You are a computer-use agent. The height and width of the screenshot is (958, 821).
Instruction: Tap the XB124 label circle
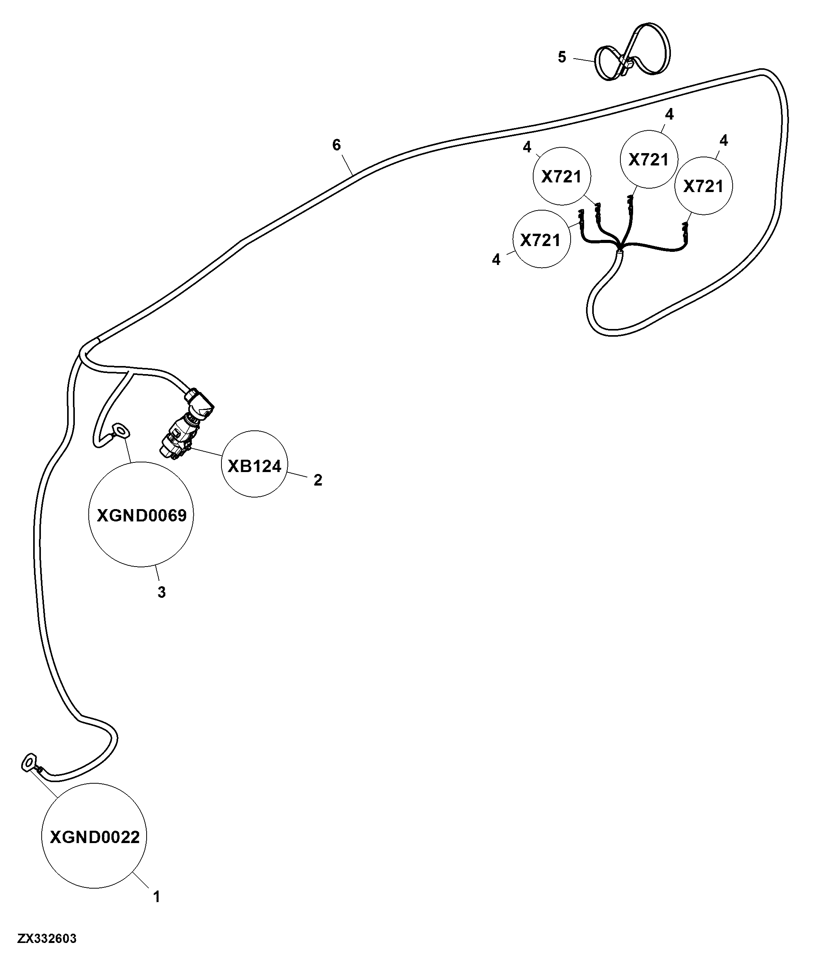pos(255,464)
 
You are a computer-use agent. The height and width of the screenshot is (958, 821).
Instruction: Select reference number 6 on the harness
pos(337,145)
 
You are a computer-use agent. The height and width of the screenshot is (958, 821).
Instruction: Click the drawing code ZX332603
pos(47,939)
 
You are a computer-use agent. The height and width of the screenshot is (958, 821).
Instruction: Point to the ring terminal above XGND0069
pos(120,430)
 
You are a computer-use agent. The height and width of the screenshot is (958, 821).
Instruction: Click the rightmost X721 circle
pos(703,186)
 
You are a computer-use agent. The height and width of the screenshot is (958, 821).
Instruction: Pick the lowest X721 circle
pos(541,239)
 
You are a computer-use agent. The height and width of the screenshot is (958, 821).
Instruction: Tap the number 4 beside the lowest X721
pos(496,260)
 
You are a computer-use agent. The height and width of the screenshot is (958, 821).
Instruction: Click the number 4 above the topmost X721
pos(669,114)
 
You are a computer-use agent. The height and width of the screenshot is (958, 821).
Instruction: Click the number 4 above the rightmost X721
pos(724,140)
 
